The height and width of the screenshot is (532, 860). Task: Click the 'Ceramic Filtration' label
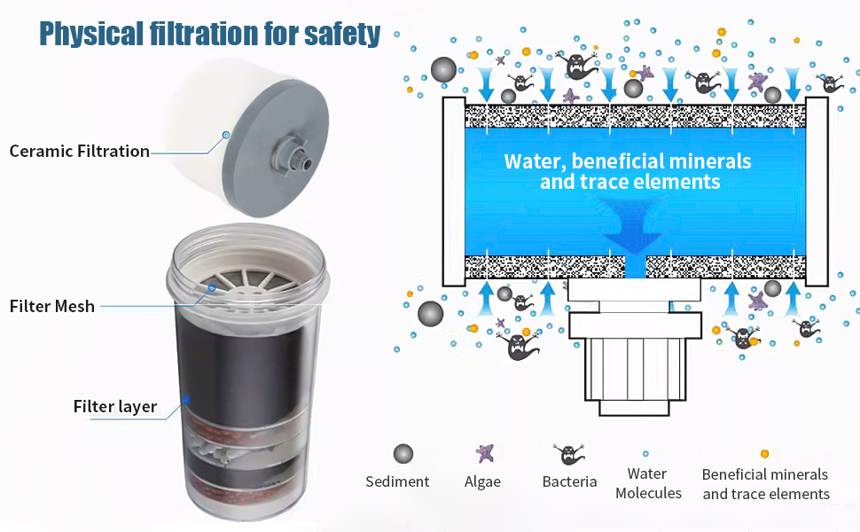[80, 151]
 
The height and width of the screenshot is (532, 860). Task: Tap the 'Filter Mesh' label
[52, 307]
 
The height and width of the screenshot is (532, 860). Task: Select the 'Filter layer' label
[115, 407]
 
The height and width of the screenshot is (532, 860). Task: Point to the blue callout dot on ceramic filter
[225, 135]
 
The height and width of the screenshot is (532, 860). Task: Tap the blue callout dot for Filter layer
[186, 400]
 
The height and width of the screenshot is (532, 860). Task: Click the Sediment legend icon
[403, 454]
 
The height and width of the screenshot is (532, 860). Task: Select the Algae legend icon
[484, 453]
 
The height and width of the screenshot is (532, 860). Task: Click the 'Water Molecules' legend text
[648, 483]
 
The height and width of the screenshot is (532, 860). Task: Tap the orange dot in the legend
[764, 454]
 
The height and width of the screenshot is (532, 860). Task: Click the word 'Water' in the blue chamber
[535, 162]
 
